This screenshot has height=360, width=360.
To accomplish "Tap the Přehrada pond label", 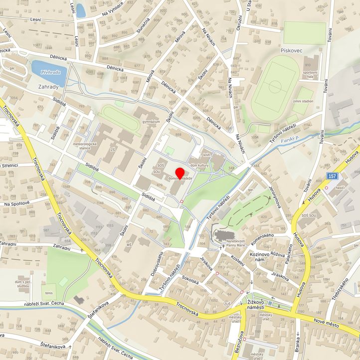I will click(51, 72).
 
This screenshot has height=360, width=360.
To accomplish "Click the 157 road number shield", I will click(333, 176).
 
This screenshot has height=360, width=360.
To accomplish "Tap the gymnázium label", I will click(151, 122).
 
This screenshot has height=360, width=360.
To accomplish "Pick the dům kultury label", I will click(199, 164).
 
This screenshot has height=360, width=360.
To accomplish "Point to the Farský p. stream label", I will click(290, 142).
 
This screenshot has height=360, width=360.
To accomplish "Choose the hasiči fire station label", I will click(341, 187).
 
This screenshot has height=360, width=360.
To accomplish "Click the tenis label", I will click(48, 293).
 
